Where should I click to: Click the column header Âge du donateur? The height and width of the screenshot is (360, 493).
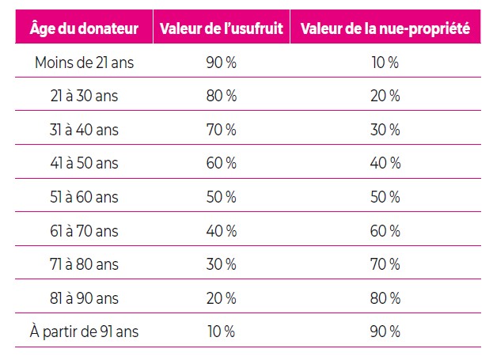click(84, 30)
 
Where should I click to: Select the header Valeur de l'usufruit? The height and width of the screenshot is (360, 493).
click(221, 30)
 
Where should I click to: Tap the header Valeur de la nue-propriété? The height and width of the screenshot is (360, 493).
click(385, 30)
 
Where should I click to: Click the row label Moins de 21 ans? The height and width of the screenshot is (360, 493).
click(84, 63)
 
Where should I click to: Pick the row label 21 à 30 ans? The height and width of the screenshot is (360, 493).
click(84, 97)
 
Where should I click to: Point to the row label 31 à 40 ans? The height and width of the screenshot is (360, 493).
click(84, 130)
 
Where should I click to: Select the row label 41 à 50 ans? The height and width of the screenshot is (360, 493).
click(84, 164)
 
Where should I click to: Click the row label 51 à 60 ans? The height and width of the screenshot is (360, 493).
click(84, 197)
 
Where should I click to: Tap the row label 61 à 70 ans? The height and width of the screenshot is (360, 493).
click(84, 231)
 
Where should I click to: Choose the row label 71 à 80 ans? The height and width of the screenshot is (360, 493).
click(84, 264)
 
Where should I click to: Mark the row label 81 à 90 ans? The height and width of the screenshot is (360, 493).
click(84, 298)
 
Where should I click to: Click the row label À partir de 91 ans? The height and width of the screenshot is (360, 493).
click(84, 332)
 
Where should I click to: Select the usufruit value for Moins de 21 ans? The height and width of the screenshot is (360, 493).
click(221, 63)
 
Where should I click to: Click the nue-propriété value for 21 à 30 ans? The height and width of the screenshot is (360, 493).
click(385, 97)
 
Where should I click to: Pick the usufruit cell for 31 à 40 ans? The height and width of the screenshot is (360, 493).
click(221, 130)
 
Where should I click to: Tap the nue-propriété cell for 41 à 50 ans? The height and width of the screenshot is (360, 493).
click(385, 164)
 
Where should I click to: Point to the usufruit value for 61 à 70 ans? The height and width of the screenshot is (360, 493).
click(221, 231)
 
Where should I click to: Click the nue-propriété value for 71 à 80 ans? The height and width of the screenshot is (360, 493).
click(385, 264)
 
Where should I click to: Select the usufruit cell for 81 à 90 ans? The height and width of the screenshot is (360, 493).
click(221, 298)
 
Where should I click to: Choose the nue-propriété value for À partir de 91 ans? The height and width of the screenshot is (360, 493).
click(385, 332)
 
